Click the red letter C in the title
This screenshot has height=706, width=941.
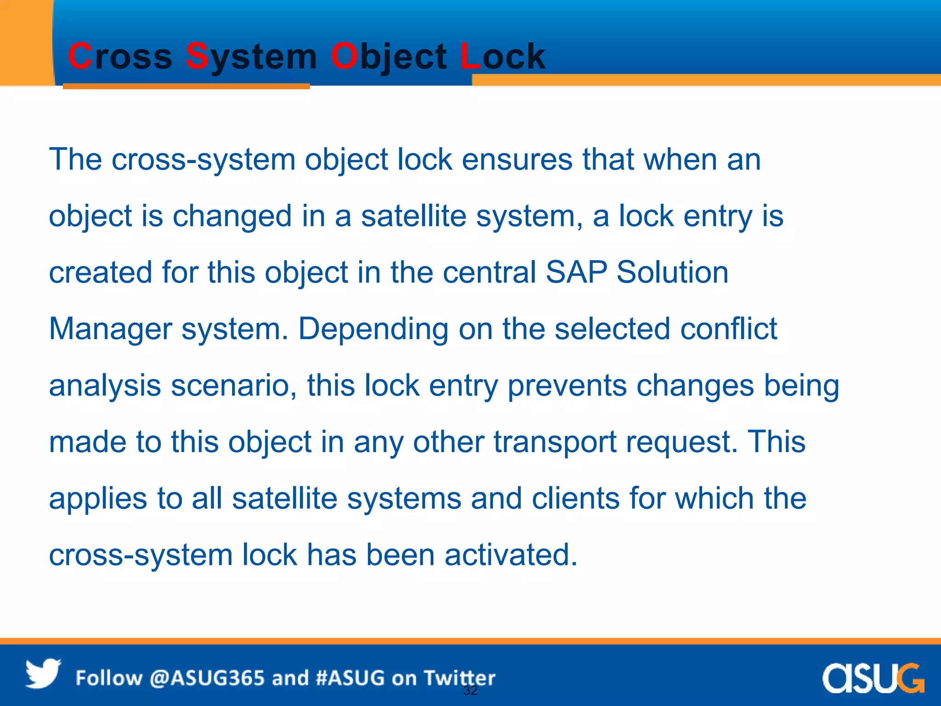[x=80, y=57]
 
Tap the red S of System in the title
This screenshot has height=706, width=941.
[x=198, y=57]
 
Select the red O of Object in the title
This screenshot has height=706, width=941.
[x=344, y=57]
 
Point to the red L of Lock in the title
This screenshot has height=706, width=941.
[x=470, y=57]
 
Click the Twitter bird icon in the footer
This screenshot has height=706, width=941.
[x=43, y=674]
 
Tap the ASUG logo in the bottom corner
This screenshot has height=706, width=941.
[x=873, y=678]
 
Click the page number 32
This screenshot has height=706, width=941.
[x=470, y=690]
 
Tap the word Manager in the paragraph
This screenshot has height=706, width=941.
[x=110, y=329]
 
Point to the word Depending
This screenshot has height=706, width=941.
[x=373, y=329]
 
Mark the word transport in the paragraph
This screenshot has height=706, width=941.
[x=555, y=442]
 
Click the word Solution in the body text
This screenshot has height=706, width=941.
[x=672, y=272]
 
